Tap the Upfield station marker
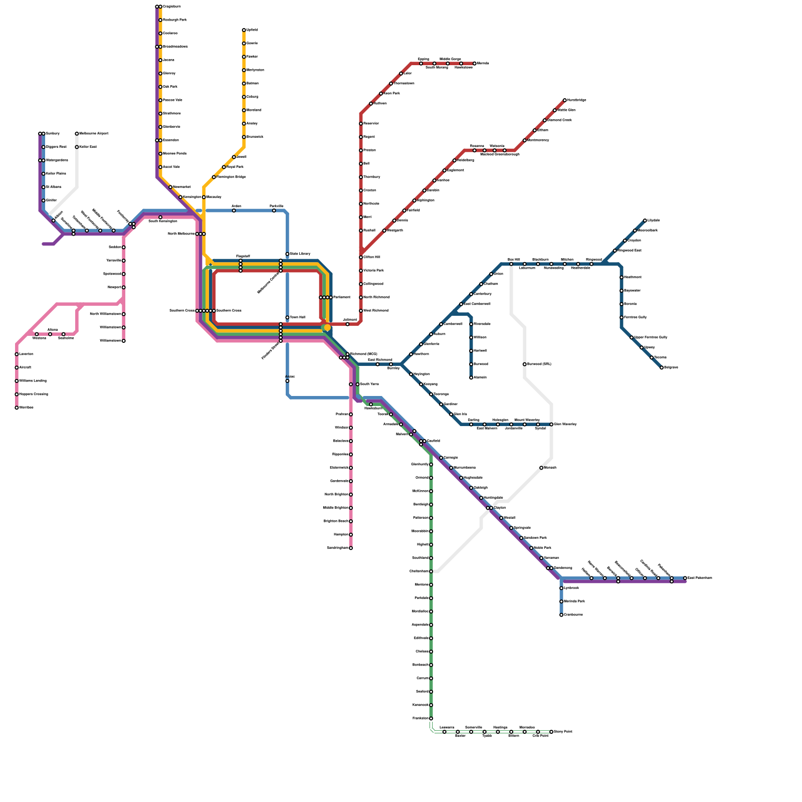point(244,31)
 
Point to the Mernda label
point(483,64)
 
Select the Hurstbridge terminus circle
point(564,100)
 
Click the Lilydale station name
point(654,221)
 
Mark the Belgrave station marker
point(662,367)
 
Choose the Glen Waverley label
point(565,425)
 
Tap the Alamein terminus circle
point(471,377)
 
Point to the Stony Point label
point(563,732)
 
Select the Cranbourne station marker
point(561,615)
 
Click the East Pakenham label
point(700,578)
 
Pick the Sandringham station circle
point(351,548)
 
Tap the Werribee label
point(27,408)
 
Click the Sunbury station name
point(53,134)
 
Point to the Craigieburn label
point(172,7)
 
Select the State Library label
point(300,254)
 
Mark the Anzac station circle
point(287,381)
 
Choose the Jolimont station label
point(350,320)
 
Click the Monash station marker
point(541,468)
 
